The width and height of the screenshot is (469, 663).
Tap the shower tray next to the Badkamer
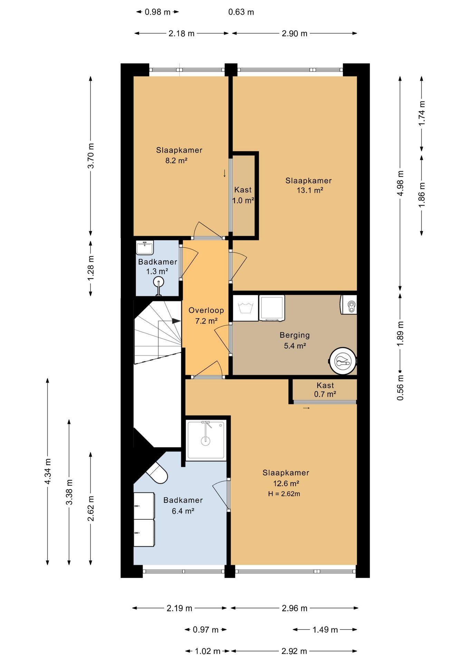[x=206, y=440]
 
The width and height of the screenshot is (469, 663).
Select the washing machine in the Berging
[x=246, y=308]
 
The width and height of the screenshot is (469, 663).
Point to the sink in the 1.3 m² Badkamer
[x=145, y=248]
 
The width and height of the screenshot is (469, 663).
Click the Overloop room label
[x=206, y=310]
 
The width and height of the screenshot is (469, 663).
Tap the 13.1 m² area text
[x=310, y=190]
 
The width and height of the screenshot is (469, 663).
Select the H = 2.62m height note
[x=284, y=494]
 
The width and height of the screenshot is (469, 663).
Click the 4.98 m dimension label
[x=400, y=183]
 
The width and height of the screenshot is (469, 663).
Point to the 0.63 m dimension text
[x=241, y=12]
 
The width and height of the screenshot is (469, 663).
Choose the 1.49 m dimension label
[x=325, y=630]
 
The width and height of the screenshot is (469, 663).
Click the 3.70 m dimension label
[x=90, y=155]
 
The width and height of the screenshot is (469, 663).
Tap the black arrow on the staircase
[x=176, y=321]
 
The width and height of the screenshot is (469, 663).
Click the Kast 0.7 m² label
[x=325, y=390]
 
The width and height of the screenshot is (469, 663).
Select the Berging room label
[x=295, y=335]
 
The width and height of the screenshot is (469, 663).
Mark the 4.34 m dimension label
[x=48, y=471]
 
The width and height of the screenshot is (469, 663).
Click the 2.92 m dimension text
[x=294, y=651]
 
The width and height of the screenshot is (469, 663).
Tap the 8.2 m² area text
[x=176, y=161]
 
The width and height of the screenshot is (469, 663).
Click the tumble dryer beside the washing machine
[x=272, y=308]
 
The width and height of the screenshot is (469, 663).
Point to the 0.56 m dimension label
[x=400, y=387]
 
